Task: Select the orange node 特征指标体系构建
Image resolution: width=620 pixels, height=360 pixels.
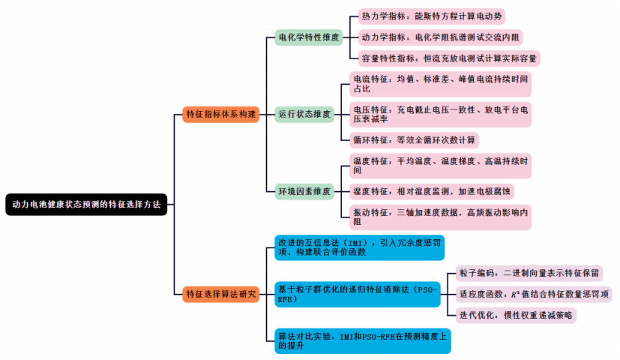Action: pos(220,114)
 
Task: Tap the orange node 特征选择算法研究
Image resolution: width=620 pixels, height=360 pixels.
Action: pos(220,294)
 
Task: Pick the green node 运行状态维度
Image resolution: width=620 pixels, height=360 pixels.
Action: pos(304,114)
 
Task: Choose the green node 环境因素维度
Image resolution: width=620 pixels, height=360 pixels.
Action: pos(304,192)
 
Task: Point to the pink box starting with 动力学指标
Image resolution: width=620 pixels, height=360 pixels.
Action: pos(437,36)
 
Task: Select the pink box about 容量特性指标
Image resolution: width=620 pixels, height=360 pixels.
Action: pos(445,57)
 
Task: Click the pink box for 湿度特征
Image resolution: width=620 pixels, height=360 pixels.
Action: pos(431,192)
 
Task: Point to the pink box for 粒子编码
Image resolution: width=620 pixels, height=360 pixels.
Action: pos(529,273)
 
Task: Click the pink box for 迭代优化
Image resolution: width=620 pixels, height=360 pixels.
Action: pos(515,315)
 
